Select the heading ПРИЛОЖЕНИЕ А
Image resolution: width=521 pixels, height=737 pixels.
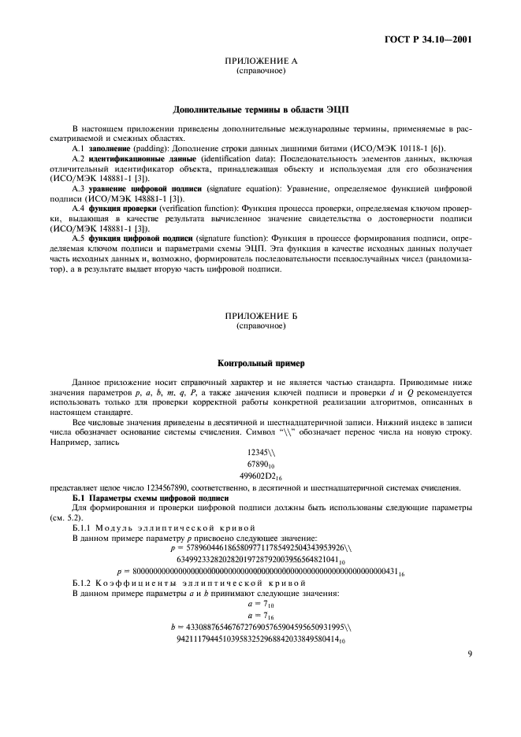260,61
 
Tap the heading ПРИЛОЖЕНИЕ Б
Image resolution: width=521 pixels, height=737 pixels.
260,316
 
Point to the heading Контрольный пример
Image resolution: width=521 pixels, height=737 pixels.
260,364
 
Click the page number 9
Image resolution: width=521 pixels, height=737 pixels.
469,653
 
